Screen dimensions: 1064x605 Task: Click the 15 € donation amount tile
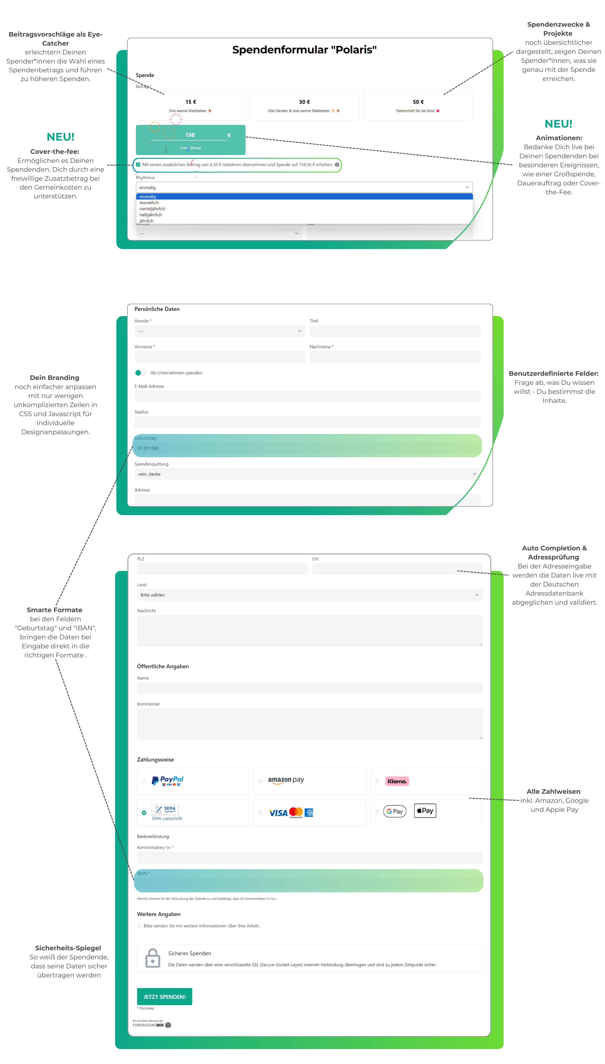coord(190,105)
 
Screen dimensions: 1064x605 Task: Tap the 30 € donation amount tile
coord(304,105)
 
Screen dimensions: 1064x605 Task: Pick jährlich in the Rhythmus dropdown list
coord(146,221)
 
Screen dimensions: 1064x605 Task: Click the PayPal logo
coord(167,781)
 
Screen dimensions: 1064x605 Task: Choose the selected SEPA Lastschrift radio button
coord(144,812)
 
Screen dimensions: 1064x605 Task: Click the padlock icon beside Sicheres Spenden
coord(153,959)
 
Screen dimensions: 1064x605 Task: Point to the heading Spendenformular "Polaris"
coord(304,50)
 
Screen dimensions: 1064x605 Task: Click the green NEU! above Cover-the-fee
coord(61,137)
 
